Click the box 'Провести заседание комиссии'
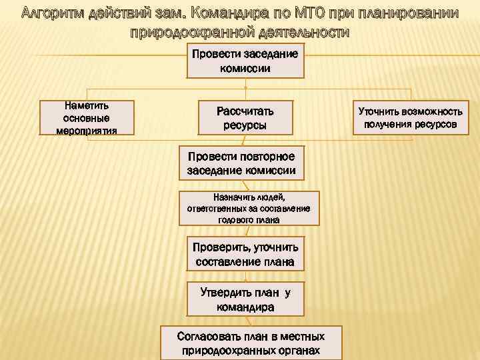(245, 61)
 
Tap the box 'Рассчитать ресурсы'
(245, 117)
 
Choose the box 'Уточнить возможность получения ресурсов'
(411, 117)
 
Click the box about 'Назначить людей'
(248, 208)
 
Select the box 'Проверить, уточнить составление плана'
(245, 253)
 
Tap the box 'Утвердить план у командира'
(245, 299)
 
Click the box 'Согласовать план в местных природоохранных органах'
(251, 343)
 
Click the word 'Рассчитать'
(245, 111)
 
